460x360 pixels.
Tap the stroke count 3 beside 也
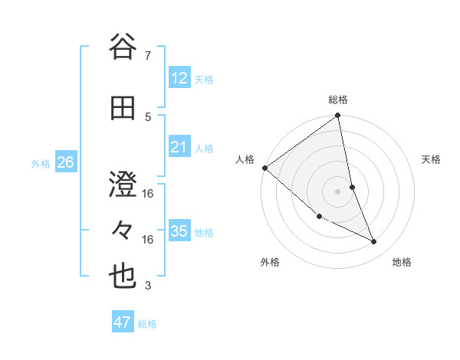coord(148,286)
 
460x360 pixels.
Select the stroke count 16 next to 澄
coord(148,193)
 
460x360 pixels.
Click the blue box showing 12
coord(179,77)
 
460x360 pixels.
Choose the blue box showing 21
coord(179,147)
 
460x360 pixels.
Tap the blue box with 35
coord(179,231)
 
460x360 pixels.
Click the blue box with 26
coord(65,162)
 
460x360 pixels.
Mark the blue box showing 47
coord(122,322)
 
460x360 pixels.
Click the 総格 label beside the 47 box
coord(148,324)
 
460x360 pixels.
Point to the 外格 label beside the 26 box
coord(41,164)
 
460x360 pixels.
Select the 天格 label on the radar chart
coord(432,159)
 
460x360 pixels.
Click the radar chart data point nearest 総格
coord(338,116)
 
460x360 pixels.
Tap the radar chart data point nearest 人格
coord(264,168)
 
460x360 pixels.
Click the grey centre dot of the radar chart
coord(337,191)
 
